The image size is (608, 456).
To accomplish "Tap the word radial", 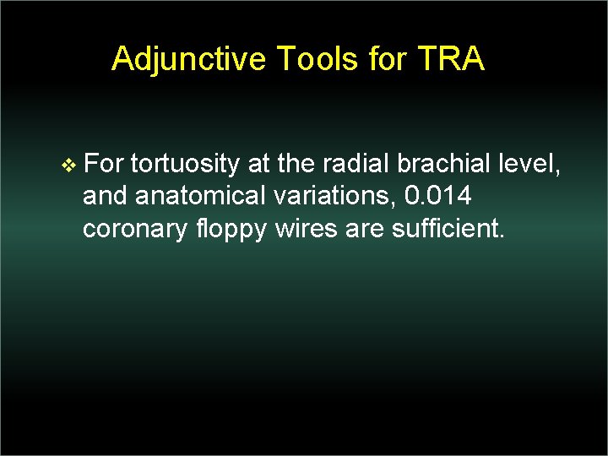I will click(x=351, y=162).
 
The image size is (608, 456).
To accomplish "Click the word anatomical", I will click(x=200, y=195).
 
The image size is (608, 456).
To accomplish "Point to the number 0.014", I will click(x=438, y=195).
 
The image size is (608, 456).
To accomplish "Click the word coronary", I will click(x=132, y=228).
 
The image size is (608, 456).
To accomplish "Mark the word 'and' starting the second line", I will click(x=105, y=195).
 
